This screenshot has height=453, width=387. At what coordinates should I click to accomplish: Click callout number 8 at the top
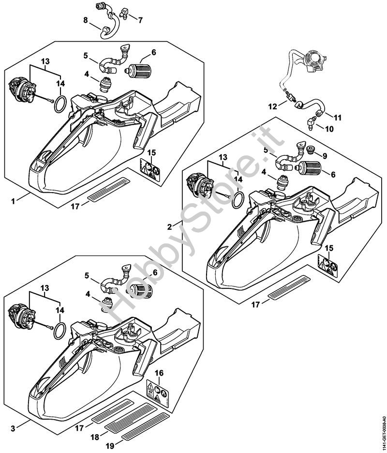pos(86,20)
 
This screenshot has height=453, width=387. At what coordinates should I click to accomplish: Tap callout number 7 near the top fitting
pos(140,20)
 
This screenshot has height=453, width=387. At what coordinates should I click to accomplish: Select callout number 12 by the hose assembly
pos(272,106)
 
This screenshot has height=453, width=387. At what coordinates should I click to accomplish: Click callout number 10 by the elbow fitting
pos(329,129)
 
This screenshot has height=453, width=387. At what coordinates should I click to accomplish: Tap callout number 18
pos(95,436)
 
